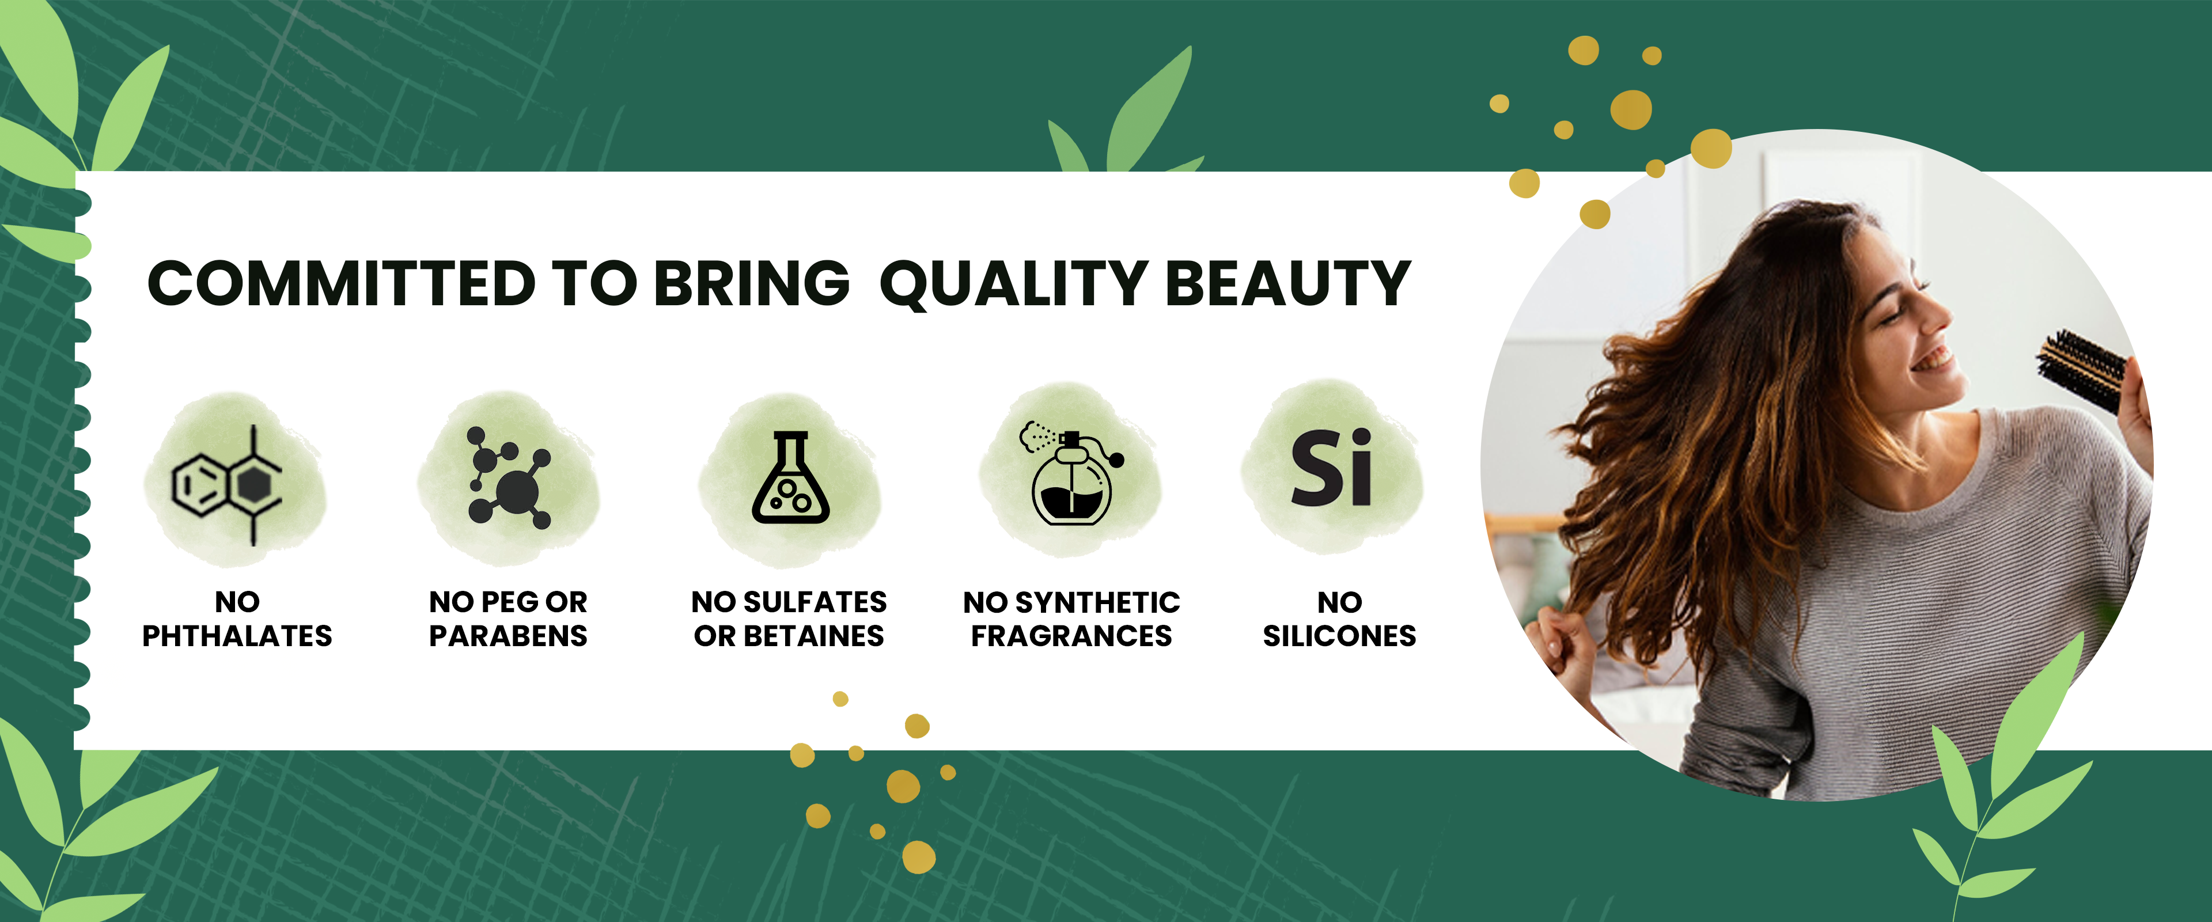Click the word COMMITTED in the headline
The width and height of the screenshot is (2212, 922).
tap(342, 283)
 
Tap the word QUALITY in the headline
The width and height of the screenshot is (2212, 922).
tap(1013, 284)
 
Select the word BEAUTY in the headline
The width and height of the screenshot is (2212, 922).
tap(1288, 283)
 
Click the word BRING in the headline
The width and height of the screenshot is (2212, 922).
tap(751, 283)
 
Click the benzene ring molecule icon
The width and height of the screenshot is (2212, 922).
tap(228, 485)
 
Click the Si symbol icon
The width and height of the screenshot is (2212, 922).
tap(1332, 468)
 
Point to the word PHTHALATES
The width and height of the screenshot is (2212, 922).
tap(237, 636)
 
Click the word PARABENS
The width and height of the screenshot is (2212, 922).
tap(508, 636)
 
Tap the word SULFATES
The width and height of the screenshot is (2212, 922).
tap(815, 602)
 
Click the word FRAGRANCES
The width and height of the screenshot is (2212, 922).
tap(1071, 636)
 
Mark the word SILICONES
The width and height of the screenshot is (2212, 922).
tap(1339, 636)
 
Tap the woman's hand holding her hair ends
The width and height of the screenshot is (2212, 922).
tap(1567, 644)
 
